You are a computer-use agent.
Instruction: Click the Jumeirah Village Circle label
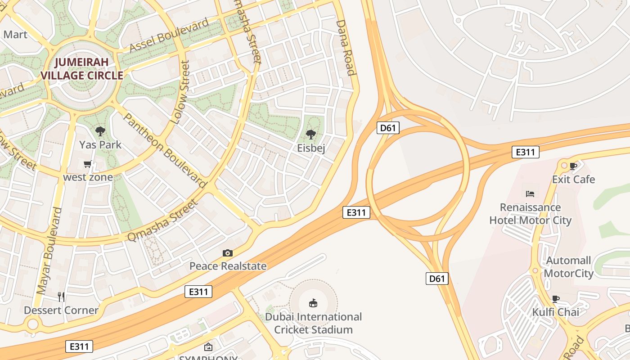click(82, 69)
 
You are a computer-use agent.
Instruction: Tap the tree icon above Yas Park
click(100, 131)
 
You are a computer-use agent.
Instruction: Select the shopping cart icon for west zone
click(88, 164)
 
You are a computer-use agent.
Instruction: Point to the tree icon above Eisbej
click(310, 134)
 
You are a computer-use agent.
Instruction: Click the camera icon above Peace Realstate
click(228, 253)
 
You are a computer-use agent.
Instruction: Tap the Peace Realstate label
click(228, 266)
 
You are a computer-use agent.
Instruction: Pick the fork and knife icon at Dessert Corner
click(61, 297)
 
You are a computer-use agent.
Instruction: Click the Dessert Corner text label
click(61, 310)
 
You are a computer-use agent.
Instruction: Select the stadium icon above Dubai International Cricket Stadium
click(313, 303)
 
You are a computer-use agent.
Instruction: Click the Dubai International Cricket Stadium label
click(313, 323)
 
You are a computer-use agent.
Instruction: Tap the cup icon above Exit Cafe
click(573, 166)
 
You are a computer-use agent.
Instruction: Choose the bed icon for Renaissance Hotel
click(530, 194)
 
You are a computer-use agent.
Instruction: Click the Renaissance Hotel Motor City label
click(530, 214)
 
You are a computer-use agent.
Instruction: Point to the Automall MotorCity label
click(569, 267)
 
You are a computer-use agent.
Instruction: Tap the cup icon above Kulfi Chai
click(556, 299)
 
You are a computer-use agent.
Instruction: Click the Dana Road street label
click(346, 48)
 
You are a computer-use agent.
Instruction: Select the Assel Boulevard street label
click(169, 35)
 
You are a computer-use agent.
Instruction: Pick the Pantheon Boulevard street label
click(164, 150)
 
